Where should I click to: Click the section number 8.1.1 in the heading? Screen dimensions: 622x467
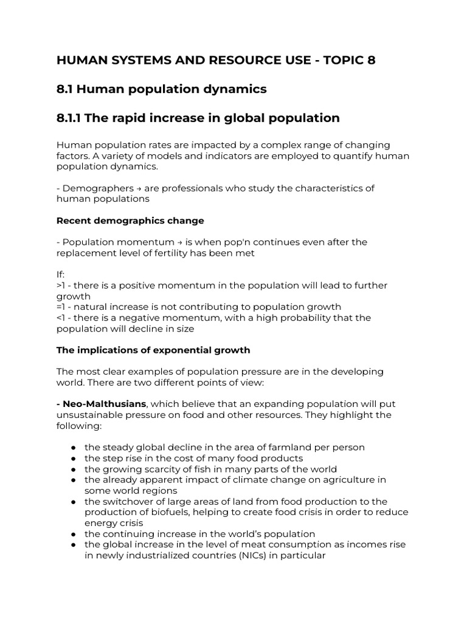[69, 118]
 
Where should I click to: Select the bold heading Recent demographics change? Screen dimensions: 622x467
[130, 220]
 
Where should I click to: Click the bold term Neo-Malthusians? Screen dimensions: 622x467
[103, 404]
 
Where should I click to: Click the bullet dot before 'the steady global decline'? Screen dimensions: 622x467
[72, 448]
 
